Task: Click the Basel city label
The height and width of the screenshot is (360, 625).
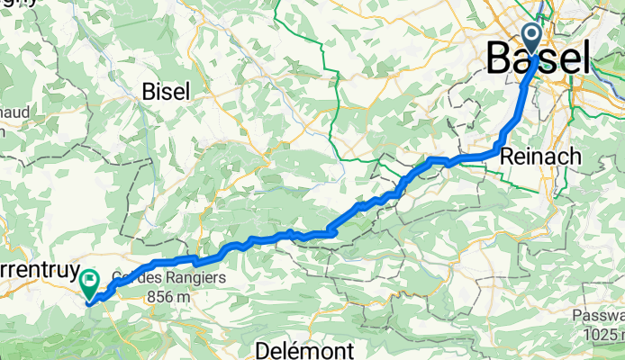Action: pos(539,59)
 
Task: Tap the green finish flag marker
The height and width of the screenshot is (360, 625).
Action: pos(90,284)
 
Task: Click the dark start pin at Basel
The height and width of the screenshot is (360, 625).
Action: pos(531,40)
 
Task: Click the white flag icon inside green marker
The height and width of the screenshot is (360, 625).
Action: pos(90,281)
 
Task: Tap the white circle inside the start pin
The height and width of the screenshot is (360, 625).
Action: pos(531,36)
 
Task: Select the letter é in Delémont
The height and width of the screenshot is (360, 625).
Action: pos(292,348)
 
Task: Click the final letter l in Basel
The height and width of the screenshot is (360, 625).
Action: pos(584,59)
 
